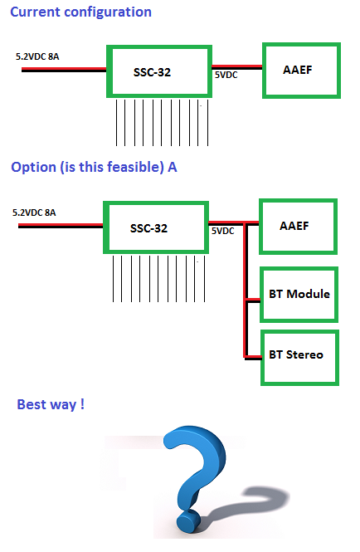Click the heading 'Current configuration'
[x=80, y=12]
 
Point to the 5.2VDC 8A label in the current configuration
[x=37, y=56]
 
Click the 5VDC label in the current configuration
[x=226, y=75]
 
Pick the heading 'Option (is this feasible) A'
[x=94, y=167]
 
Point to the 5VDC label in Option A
[x=223, y=231]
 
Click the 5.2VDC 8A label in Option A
[x=34, y=212]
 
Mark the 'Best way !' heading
[x=51, y=404]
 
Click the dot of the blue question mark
[x=188, y=521]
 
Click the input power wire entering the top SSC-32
[x=64, y=70]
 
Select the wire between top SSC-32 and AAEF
[x=237, y=67]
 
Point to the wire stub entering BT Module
[x=253, y=300]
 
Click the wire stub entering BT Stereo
[x=253, y=358]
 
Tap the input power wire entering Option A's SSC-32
[x=61, y=226]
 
